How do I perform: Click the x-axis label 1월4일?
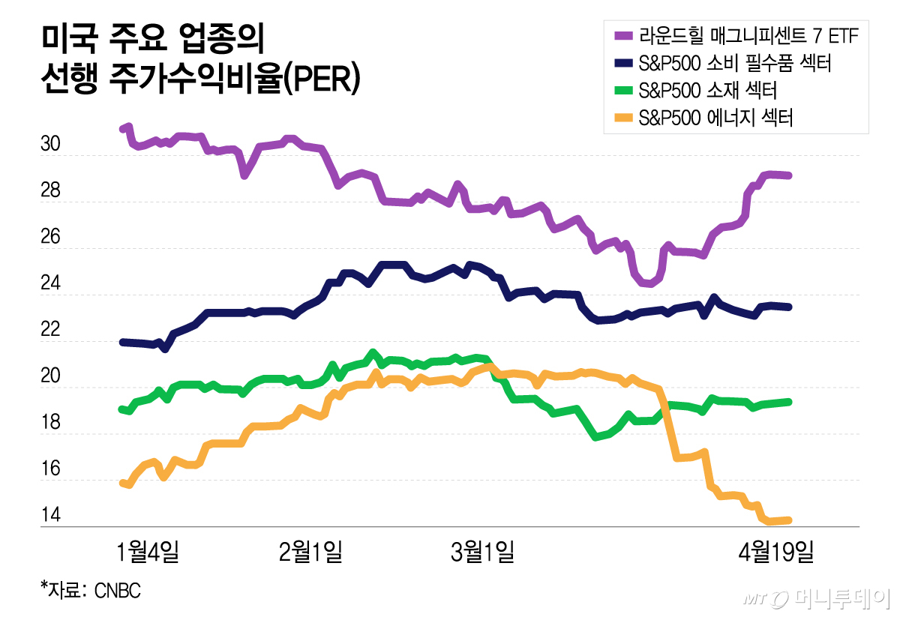point(148,553)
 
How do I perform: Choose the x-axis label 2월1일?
point(310,553)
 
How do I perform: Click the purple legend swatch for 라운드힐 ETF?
point(622,34)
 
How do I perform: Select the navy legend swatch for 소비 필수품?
point(622,63)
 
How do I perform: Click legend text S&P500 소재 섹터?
point(706,91)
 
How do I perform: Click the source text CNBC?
point(117,590)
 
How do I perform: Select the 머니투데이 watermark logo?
point(817,598)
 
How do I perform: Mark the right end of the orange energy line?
point(790,520)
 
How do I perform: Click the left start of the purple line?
point(123,129)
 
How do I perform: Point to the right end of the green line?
point(790,402)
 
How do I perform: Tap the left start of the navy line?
point(122,342)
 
